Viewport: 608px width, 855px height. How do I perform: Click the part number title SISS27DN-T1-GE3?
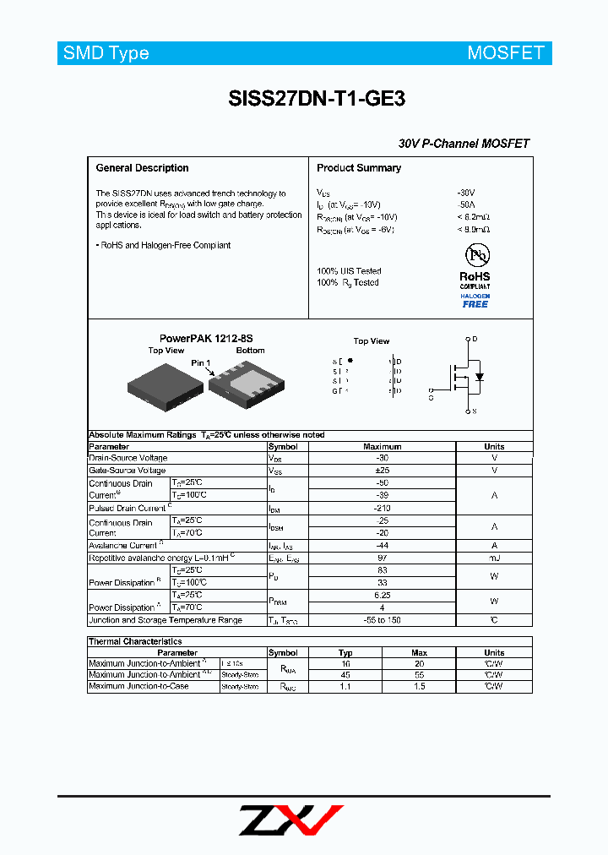click(317, 99)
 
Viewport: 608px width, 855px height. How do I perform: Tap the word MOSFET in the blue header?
click(506, 53)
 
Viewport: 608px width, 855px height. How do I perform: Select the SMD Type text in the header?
click(106, 53)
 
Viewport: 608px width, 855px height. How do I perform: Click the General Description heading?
click(142, 168)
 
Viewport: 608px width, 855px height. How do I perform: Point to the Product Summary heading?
click(359, 168)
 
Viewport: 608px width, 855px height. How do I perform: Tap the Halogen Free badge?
click(475, 301)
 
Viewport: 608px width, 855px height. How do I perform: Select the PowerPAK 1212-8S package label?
click(206, 338)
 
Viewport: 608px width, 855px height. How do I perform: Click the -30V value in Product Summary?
click(466, 193)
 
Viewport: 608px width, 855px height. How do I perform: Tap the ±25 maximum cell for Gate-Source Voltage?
click(383, 471)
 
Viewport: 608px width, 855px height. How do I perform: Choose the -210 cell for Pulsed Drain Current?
click(383, 509)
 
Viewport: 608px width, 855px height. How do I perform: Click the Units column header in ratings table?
click(494, 447)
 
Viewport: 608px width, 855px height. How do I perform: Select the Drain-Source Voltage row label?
click(128, 458)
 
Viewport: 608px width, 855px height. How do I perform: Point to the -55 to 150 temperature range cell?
click(383, 620)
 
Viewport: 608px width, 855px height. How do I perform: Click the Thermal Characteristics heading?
click(135, 642)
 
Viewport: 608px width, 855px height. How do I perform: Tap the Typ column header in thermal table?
click(345, 652)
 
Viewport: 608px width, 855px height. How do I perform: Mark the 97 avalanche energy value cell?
click(383, 558)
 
